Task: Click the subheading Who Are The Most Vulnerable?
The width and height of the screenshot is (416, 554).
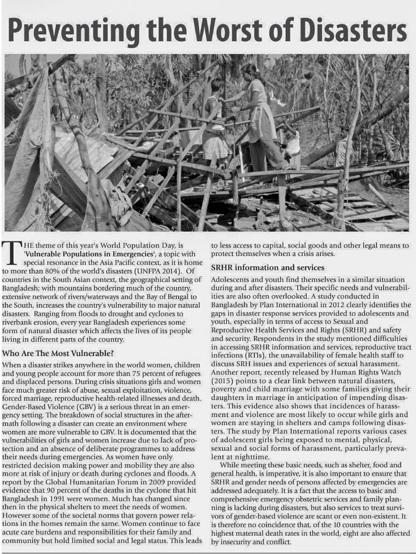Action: click(x=58, y=353)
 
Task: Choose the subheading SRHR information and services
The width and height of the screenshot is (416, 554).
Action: click(x=268, y=268)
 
